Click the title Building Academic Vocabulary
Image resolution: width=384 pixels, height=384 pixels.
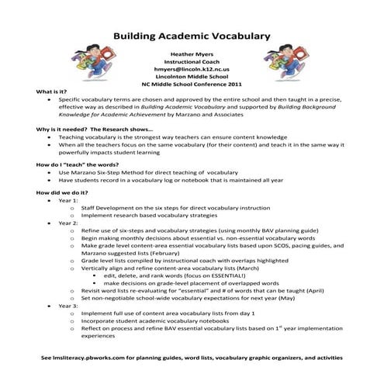pyautogui.click(x=192, y=36)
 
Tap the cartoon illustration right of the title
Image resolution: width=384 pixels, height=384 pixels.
pyautogui.click(x=298, y=63)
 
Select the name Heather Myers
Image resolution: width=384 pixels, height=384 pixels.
pyautogui.click(x=192, y=56)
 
